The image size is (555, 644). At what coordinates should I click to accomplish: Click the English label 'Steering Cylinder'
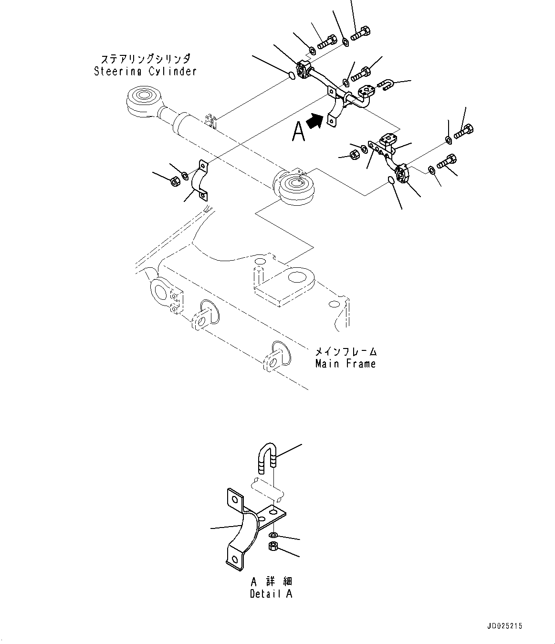click(145, 72)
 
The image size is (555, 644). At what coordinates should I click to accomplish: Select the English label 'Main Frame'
click(346, 364)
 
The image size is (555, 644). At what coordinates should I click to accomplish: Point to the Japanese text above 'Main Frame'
click(346, 352)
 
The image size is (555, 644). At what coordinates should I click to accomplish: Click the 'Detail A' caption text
click(271, 594)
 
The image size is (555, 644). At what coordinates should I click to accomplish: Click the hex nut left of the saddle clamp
click(175, 181)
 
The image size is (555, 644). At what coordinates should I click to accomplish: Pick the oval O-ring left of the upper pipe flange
click(291, 75)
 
